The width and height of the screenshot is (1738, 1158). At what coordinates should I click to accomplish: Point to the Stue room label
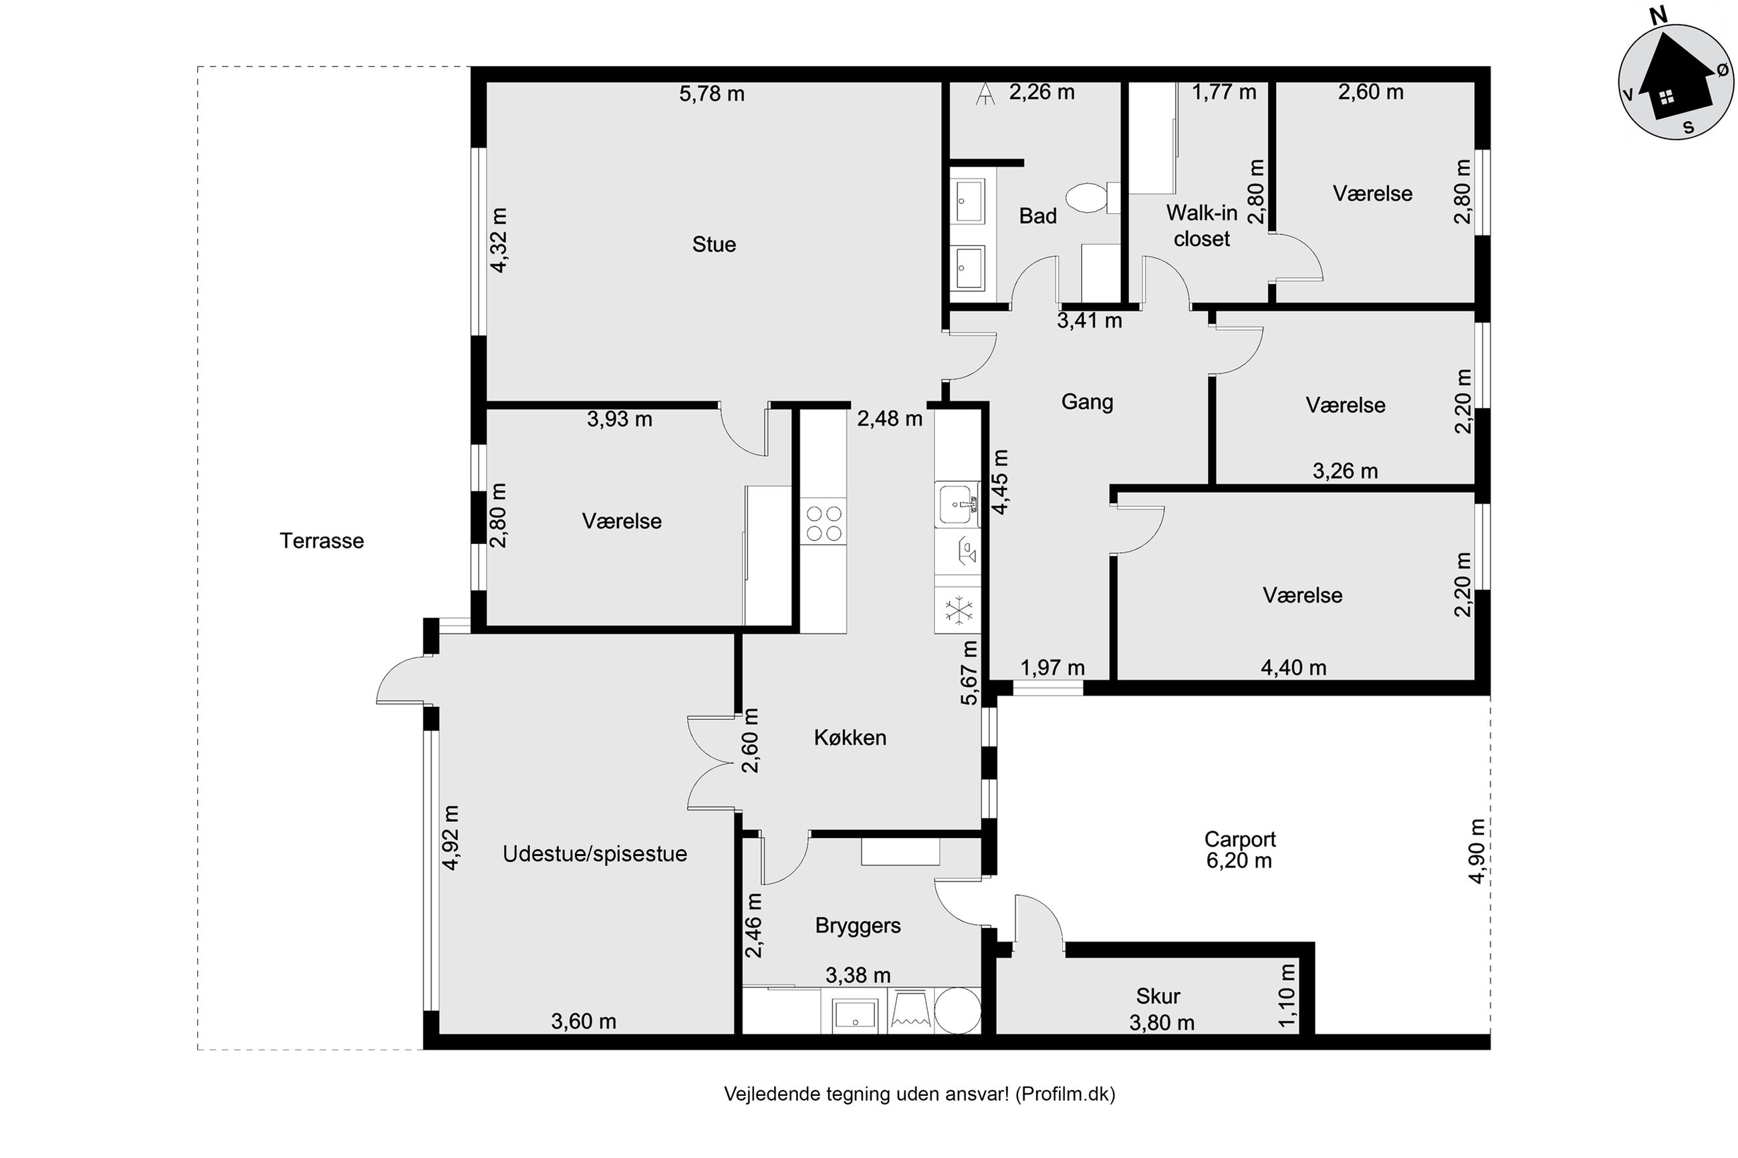(713, 245)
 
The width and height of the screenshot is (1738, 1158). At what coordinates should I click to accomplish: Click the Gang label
(1086, 402)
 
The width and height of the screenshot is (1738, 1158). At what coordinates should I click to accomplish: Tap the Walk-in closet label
(1202, 226)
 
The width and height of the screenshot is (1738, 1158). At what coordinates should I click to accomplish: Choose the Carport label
(1239, 839)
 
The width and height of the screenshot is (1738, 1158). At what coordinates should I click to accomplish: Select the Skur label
(1157, 996)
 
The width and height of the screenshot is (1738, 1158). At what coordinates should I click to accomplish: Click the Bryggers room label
(858, 926)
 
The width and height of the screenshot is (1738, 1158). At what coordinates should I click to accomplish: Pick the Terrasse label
(322, 541)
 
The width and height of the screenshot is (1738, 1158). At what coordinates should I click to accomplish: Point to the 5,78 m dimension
(712, 94)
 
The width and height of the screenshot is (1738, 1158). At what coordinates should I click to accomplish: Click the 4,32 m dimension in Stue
(499, 240)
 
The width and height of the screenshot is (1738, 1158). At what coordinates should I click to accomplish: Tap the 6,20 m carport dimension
(1239, 861)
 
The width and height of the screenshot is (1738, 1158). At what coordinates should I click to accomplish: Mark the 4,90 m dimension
(1477, 850)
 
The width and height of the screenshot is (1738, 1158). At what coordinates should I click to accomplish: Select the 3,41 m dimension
(1090, 321)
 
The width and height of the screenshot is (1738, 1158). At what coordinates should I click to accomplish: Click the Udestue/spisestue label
(595, 854)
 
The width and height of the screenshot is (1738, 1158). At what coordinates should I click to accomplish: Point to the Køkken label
(850, 737)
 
